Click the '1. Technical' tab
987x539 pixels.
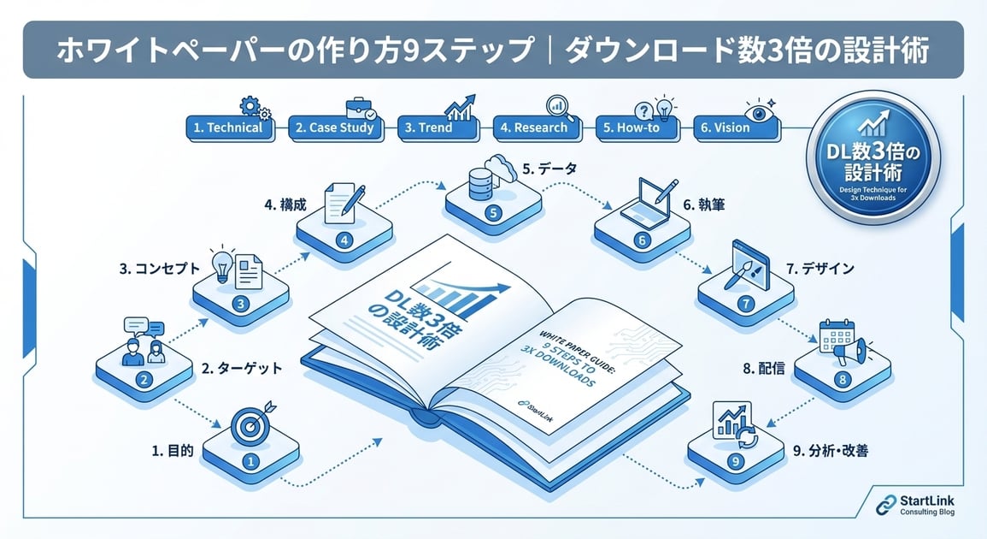pyautogui.click(x=227, y=127)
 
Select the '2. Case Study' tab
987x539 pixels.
pyautogui.click(x=335, y=127)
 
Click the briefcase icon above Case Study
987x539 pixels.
pyautogui.click(x=359, y=110)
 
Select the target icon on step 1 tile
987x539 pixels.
pyautogui.click(x=249, y=423)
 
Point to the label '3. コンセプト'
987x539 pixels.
pyautogui.click(x=160, y=268)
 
